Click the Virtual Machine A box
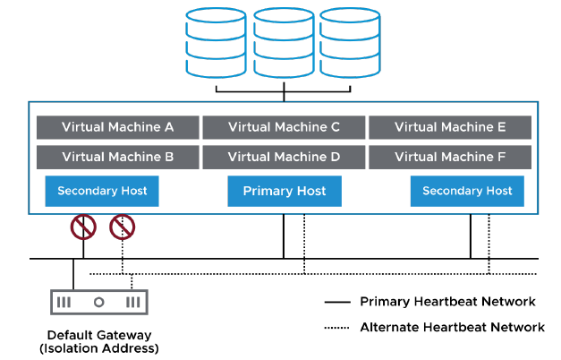(117, 127)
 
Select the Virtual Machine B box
(117, 158)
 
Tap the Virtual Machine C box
(284, 127)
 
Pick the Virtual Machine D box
(284, 158)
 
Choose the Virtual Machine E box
(450, 127)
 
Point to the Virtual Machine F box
(450, 158)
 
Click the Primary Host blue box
(285, 191)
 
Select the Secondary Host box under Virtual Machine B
(102, 191)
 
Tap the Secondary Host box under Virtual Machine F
(467, 191)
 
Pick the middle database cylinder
(284, 43)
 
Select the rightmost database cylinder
(349, 43)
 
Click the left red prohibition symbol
(83, 228)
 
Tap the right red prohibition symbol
(122, 228)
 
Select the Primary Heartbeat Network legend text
(447, 302)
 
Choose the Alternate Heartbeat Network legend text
(452, 327)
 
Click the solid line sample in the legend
(336, 303)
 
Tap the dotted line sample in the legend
(336, 328)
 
